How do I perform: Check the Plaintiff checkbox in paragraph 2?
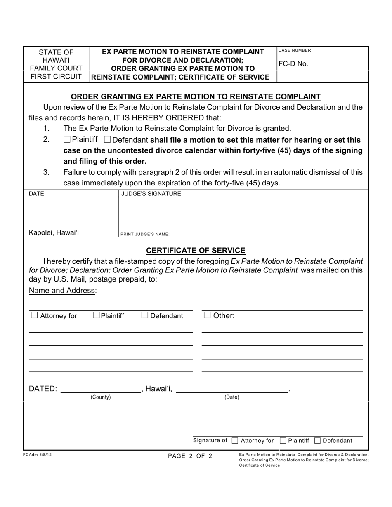[x=67, y=140]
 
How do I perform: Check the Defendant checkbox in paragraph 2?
[x=107, y=140]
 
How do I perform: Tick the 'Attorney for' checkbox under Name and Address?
[x=34, y=316]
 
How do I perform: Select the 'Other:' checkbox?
[x=208, y=316]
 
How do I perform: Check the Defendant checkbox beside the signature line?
[x=318, y=441]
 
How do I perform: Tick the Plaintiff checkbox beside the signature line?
[x=283, y=441]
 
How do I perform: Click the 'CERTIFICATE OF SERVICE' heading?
[x=196, y=250]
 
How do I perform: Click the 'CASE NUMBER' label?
[x=295, y=50]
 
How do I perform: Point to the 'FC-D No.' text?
[x=293, y=64]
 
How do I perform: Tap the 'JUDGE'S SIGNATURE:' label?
[x=152, y=193]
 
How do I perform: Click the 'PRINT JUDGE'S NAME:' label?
[x=145, y=234]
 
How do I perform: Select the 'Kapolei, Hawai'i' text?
[x=54, y=232]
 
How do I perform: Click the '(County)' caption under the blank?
[x=101, y=397]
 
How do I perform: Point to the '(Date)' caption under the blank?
[x=231, y=397]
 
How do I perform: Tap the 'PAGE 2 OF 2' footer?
[x=190, y=456]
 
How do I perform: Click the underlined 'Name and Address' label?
[x=62, y=291]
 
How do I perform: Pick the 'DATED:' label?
[x=43, y=389]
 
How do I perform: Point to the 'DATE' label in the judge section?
[x=36, y=193]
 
